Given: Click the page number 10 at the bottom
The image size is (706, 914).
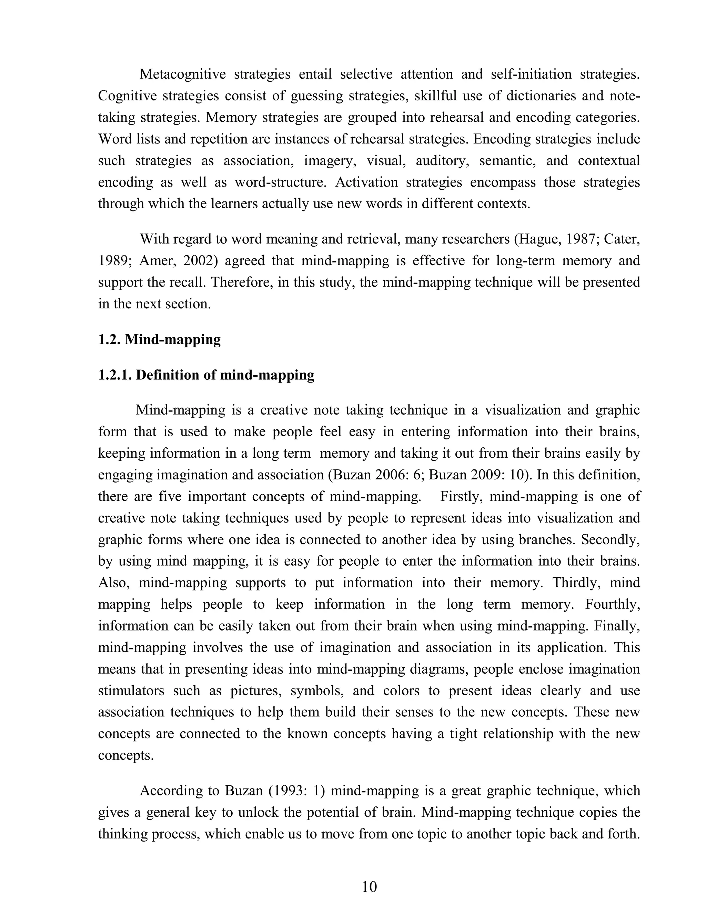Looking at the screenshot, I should coord(369,886).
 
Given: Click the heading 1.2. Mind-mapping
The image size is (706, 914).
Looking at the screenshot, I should coord(159,339).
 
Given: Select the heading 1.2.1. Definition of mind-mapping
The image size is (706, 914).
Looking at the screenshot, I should coord(206,375).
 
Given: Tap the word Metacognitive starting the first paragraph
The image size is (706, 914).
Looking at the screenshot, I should coord(182,74).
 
